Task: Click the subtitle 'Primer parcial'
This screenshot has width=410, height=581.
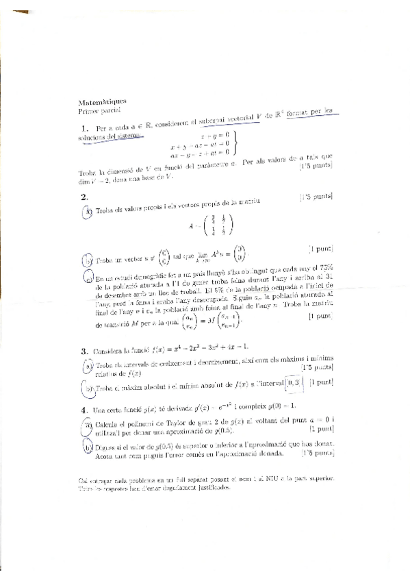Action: click(x=99, y=109)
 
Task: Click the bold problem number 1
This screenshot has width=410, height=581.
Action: click(x=84, y=128)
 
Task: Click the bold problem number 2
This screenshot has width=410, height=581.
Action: click(x=84, y=196)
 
